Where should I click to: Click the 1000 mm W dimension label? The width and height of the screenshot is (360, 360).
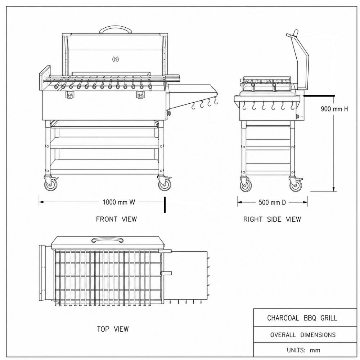pyautogui.click(x=119, y=202)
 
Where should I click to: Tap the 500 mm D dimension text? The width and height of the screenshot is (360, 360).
pyautogui.click(x=272, y=202)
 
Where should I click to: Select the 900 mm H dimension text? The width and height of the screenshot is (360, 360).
pyautogui.click(x=334, y=109)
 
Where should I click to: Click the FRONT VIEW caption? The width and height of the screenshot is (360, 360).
pyautogui.click(x=116, y=219)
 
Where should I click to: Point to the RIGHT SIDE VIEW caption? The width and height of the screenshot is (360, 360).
pyautogui.click(x=272, y=219)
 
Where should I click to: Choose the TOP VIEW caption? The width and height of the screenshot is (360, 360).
pyautogui.click(x=113, y=329)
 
